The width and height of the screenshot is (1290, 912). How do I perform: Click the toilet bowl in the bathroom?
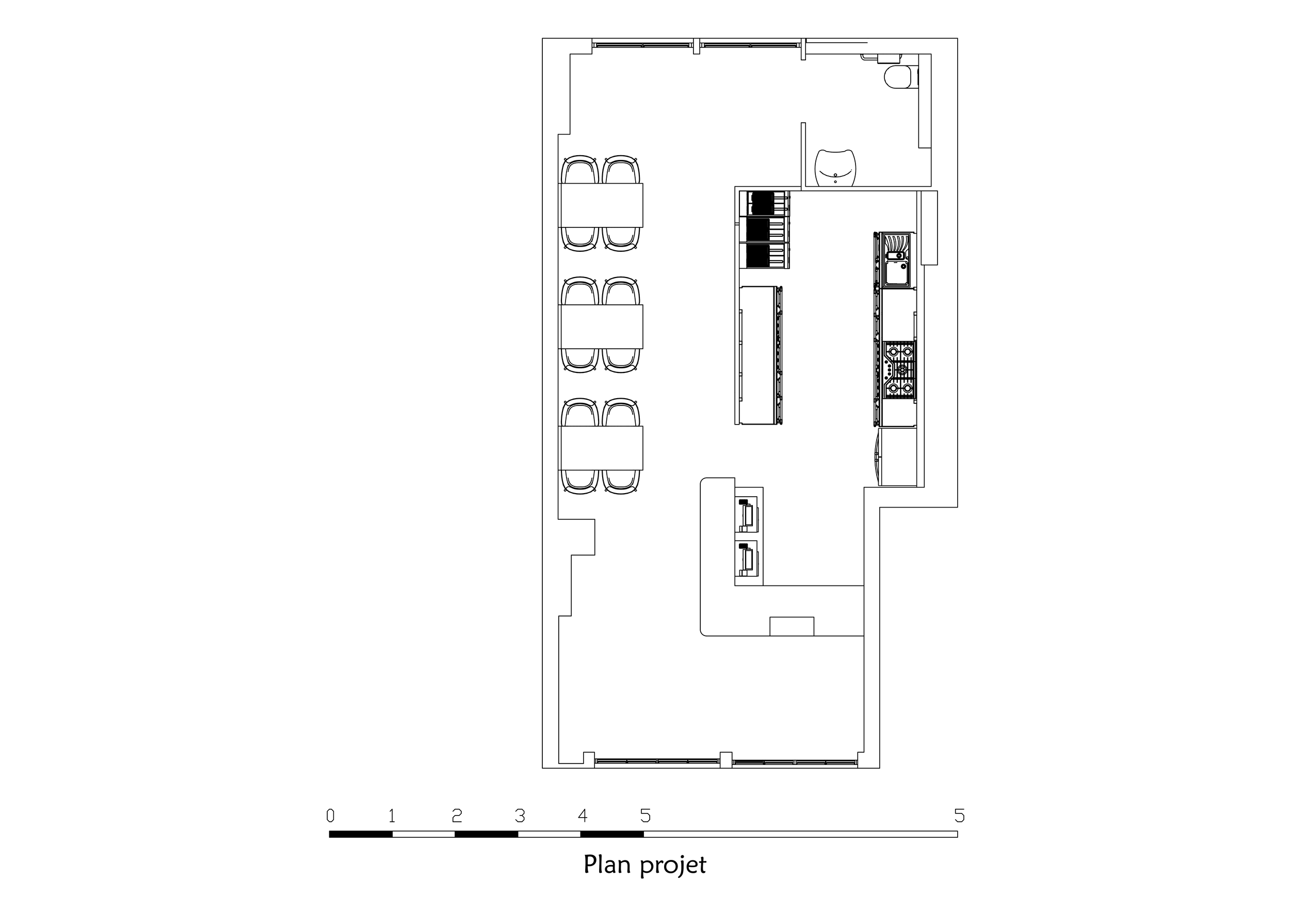pos(898,77)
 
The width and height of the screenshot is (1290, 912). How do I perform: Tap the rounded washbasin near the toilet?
pos(836,167)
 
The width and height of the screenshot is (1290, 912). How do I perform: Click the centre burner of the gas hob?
pos(902,369)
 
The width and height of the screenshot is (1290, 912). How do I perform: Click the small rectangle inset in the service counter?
pos(792,626)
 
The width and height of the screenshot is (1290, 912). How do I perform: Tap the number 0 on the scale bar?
pos(330,815)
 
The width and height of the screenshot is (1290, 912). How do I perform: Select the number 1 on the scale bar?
pos(392,815)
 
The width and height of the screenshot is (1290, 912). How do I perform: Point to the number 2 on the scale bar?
pos(457,815)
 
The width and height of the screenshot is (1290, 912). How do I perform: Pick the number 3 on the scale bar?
pos(520,815)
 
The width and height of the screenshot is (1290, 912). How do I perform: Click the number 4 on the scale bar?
pos(583,815)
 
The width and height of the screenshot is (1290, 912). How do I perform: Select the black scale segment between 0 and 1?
pos(361,834)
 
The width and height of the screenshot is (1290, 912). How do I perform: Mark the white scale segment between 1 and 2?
pos(424,834)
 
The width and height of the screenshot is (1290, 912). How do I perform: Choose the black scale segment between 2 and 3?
pos(487,834)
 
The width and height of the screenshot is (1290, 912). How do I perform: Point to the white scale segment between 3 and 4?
pos(550,834)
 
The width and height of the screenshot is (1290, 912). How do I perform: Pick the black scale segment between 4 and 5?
pos(612,834)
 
